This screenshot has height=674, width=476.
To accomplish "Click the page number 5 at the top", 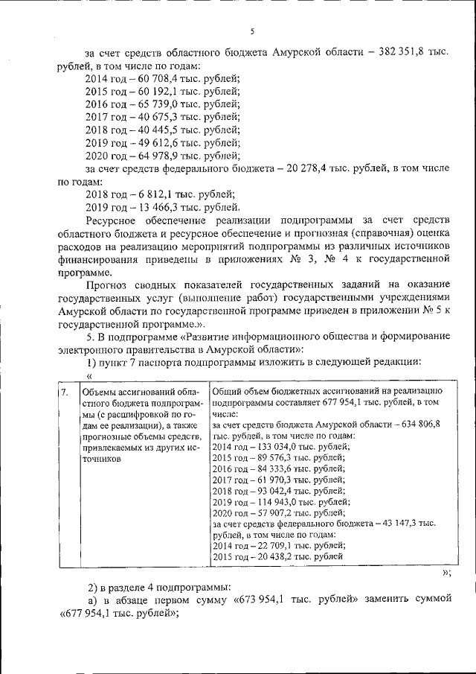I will point(251,31).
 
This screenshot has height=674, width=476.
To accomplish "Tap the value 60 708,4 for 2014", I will point(149,78).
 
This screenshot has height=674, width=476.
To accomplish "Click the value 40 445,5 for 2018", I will point(149,130).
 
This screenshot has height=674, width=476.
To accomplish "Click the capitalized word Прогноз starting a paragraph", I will point(109,284).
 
